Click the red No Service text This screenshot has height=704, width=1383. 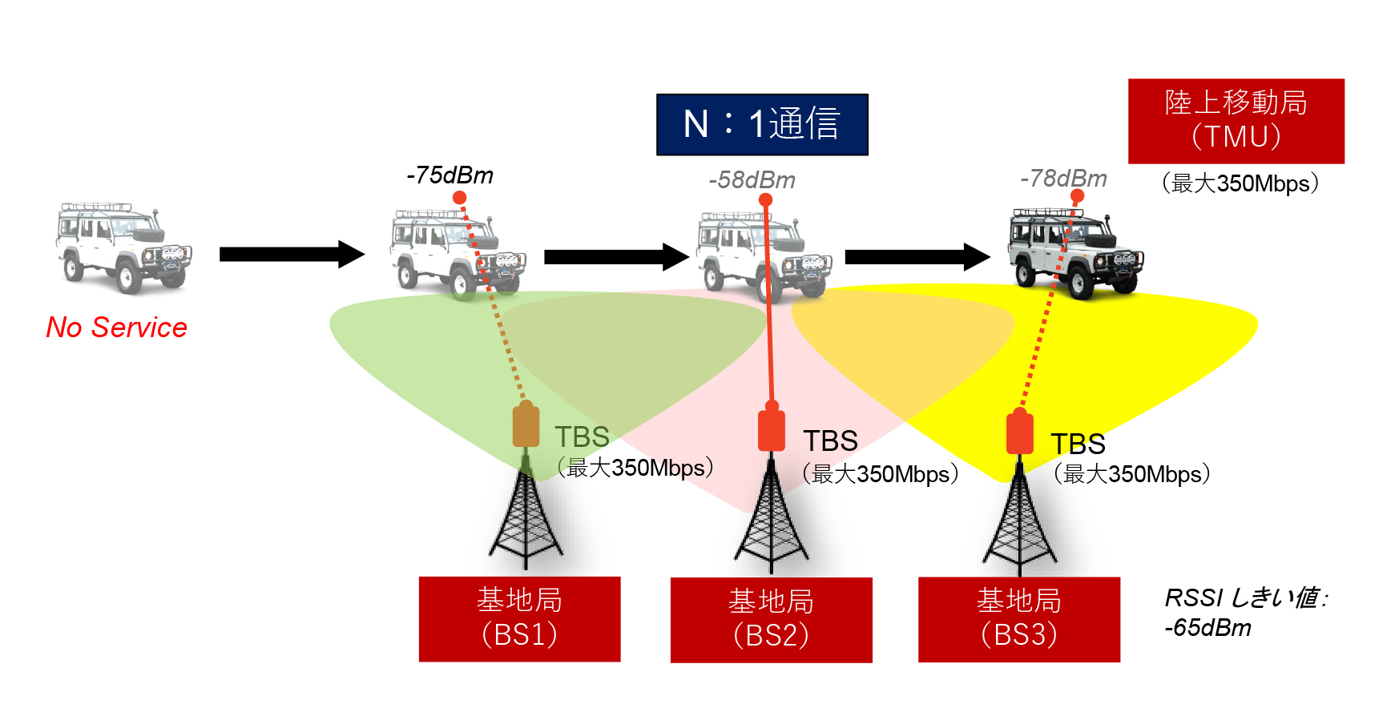point(116,328)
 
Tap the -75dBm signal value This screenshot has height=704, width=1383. point(450,175)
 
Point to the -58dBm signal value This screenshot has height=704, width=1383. point(752,180)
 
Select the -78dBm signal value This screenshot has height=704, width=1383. point(1063,179)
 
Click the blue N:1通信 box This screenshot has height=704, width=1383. point(762,124)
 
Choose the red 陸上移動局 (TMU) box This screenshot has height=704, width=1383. point(1236,121)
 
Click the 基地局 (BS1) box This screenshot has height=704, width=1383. point(519,618)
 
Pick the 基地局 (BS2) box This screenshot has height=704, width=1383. point(771,619)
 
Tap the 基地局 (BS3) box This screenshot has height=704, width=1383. point(1018,619)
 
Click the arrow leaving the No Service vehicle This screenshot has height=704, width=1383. point(292,254)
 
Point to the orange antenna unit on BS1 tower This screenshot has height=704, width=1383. point(526,425)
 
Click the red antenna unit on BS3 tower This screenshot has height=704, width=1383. point(1019,432)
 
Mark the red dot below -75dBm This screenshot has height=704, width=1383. point(459,197)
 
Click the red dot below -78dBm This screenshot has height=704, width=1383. point(1077,195)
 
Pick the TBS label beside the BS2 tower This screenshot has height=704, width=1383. point(830,441)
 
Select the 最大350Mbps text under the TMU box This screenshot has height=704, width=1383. point(1240,183)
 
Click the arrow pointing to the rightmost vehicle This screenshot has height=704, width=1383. point(917,256)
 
